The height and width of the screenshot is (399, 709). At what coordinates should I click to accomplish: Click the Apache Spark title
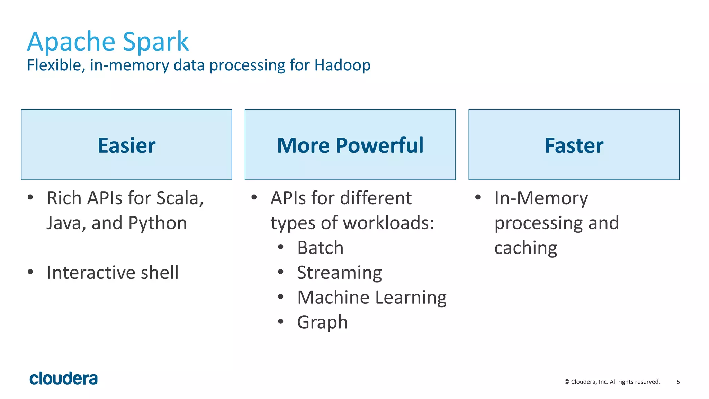tap(108, 42)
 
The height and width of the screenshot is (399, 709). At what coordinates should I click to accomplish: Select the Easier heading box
tap(126, 145)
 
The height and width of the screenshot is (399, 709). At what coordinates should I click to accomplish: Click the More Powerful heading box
tap(350, 145)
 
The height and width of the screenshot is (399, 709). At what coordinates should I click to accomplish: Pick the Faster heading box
tap(574, 145)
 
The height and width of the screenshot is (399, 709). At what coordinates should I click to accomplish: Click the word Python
tap(158, 223)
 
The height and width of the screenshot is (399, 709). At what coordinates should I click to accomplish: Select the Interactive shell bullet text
tap(113, 273)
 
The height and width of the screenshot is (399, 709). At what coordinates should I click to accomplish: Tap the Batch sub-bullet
tap(320, 248)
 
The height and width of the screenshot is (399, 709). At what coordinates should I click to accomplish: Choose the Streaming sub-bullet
tap(339, 273)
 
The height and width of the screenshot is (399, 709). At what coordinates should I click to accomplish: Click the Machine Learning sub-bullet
tap(372, 298)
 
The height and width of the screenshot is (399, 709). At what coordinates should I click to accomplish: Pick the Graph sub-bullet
tap(322, 322)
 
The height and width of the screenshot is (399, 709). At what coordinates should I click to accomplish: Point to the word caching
tap(526, 248)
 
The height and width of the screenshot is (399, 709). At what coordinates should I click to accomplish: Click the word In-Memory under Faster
tap(541, 198)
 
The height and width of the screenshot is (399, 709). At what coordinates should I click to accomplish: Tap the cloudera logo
tap(64, 379)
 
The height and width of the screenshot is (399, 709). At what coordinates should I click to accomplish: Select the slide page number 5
tap(678, 382)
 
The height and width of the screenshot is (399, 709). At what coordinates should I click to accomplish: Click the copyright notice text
tap(612, 382)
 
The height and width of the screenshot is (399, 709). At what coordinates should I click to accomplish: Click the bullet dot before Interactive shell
tap(30, 272)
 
